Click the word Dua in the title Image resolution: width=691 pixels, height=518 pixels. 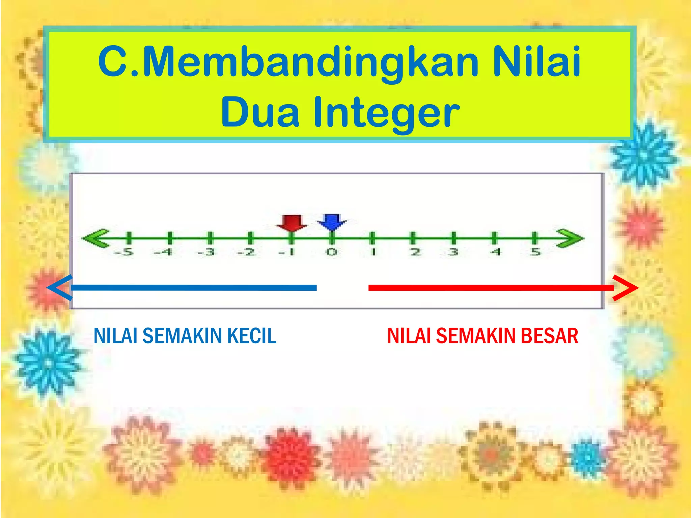260,112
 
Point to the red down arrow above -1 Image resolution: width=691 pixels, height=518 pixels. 292,223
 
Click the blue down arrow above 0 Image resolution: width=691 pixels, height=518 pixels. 332,222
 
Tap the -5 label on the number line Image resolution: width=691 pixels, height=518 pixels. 124,252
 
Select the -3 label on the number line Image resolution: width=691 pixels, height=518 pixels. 206,252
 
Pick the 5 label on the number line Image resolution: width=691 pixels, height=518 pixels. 535,252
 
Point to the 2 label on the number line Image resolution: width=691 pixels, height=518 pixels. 416,252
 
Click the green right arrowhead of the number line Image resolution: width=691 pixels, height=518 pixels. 570,238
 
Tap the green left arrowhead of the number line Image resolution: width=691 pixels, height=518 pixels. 96,238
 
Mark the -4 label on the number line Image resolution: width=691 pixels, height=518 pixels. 163,252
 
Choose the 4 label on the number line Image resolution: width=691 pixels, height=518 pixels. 495,252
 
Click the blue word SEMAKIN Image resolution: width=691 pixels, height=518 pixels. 182,336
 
